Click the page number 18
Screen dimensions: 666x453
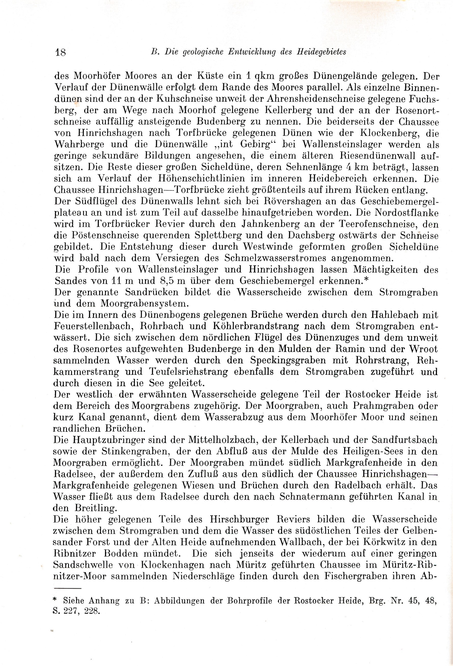point(60,53)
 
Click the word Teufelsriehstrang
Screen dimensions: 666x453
point(189,372)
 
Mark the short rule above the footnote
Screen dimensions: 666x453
point(68,588)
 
